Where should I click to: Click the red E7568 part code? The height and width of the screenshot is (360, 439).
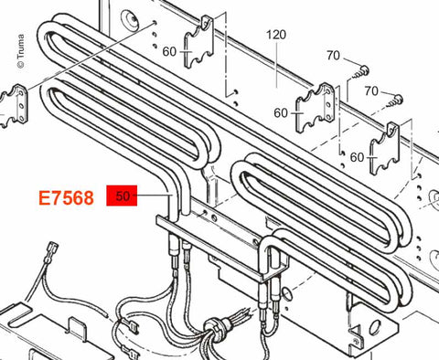click(x=66, y=198)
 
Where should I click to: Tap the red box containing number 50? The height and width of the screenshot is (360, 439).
click(x=122, y=196)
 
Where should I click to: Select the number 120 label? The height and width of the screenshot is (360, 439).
click(x=276, y=35)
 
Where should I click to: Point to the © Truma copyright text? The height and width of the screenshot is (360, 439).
click(x=20, y=51)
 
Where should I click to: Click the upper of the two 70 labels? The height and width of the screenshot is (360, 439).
click(x=333, y=56)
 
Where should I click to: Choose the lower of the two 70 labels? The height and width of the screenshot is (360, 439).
click(x=371, y=90)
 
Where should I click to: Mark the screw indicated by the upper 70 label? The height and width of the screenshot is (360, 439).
click(x=360, y=72)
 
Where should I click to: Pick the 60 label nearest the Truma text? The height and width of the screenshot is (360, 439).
click(x=169, y=51)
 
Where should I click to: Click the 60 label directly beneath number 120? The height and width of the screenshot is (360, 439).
click(x=281, y=113)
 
